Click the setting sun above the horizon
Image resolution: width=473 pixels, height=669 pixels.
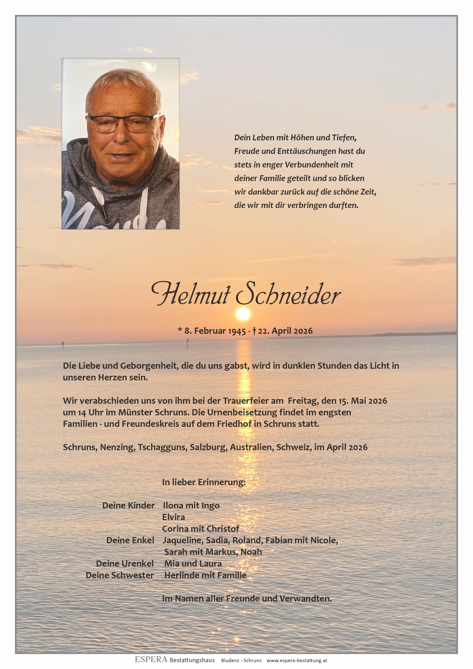tap(243, 314)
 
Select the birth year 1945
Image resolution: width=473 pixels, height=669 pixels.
tap(237, 331)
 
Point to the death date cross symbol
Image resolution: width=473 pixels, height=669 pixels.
tap(254, 331)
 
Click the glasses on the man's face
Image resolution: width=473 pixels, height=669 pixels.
tap(124, 123)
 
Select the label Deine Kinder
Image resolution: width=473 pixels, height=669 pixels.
tap(128, 505)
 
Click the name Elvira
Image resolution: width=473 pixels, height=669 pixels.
tap(173, 517)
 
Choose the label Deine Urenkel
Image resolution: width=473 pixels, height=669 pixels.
tap(125, 563)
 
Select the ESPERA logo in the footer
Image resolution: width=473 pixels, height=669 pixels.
tap(151, 660)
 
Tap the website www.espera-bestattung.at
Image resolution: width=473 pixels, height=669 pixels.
tap(297, 660)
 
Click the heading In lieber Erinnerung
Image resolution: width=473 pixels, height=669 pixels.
tap(204, 482)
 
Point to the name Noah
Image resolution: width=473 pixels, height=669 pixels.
tap(251, 552)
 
